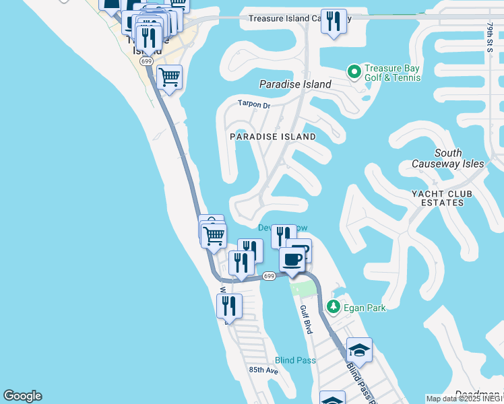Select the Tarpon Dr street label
(x=253, y=105)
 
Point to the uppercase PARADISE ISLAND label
(x=272, y=136)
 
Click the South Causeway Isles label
(x=448, y=158)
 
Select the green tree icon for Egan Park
(x=333, y=307)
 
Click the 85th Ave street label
(x=263, y=370)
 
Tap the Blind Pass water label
(x=295, y=360)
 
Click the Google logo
(x=22, y=396)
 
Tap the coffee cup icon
(x=292, y=259)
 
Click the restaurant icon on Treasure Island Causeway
(x=334, y=22)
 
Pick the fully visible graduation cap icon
(x=359, y=349)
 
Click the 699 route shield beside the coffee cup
(x=269, y=276)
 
